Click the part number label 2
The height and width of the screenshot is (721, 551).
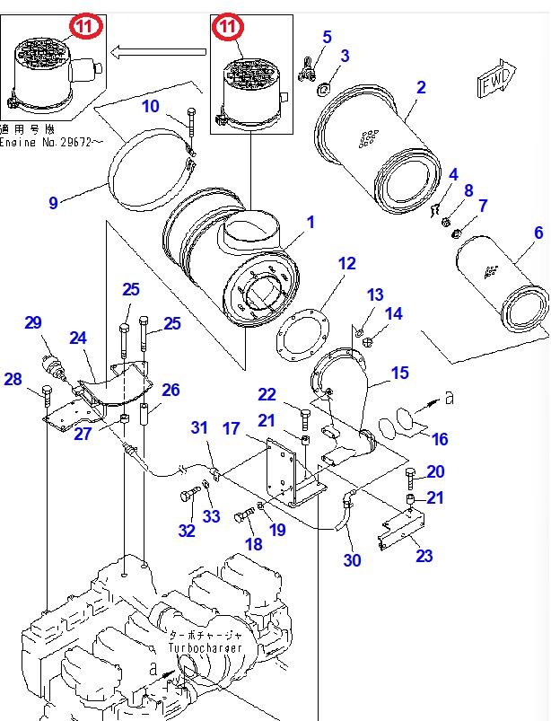click(x=420, y=87)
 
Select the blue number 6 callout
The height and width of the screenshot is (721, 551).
click(x=538, y=233)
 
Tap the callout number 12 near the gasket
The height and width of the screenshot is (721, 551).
click(x=347, y=263)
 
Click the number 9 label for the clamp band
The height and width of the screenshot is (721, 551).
click(x=53, y=203)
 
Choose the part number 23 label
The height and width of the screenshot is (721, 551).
click(x=424, y=556)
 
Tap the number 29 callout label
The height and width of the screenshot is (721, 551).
click(x=34, y=323)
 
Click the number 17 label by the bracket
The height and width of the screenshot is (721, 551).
click(x=232, y=429)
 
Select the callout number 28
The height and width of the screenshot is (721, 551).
click(x=13, y=380)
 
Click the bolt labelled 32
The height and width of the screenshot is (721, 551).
click(x=192, y=495)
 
